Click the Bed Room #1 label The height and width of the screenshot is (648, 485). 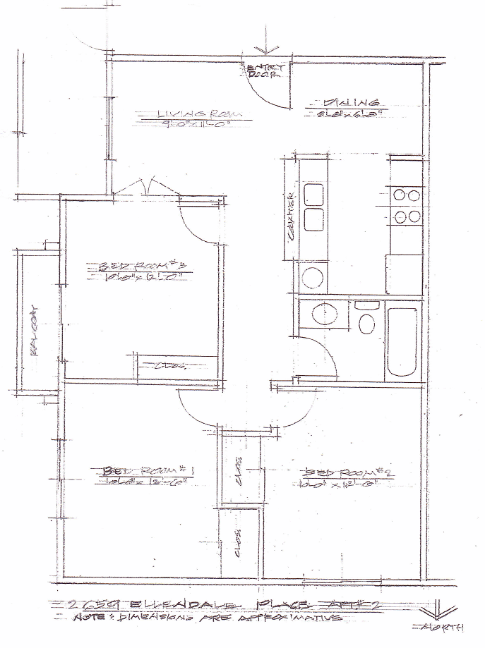point(147,470)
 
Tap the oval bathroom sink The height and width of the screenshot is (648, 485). point(325,314)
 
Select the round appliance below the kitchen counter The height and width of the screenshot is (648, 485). point(312,276)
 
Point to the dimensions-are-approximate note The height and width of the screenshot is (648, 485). point(212,618)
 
